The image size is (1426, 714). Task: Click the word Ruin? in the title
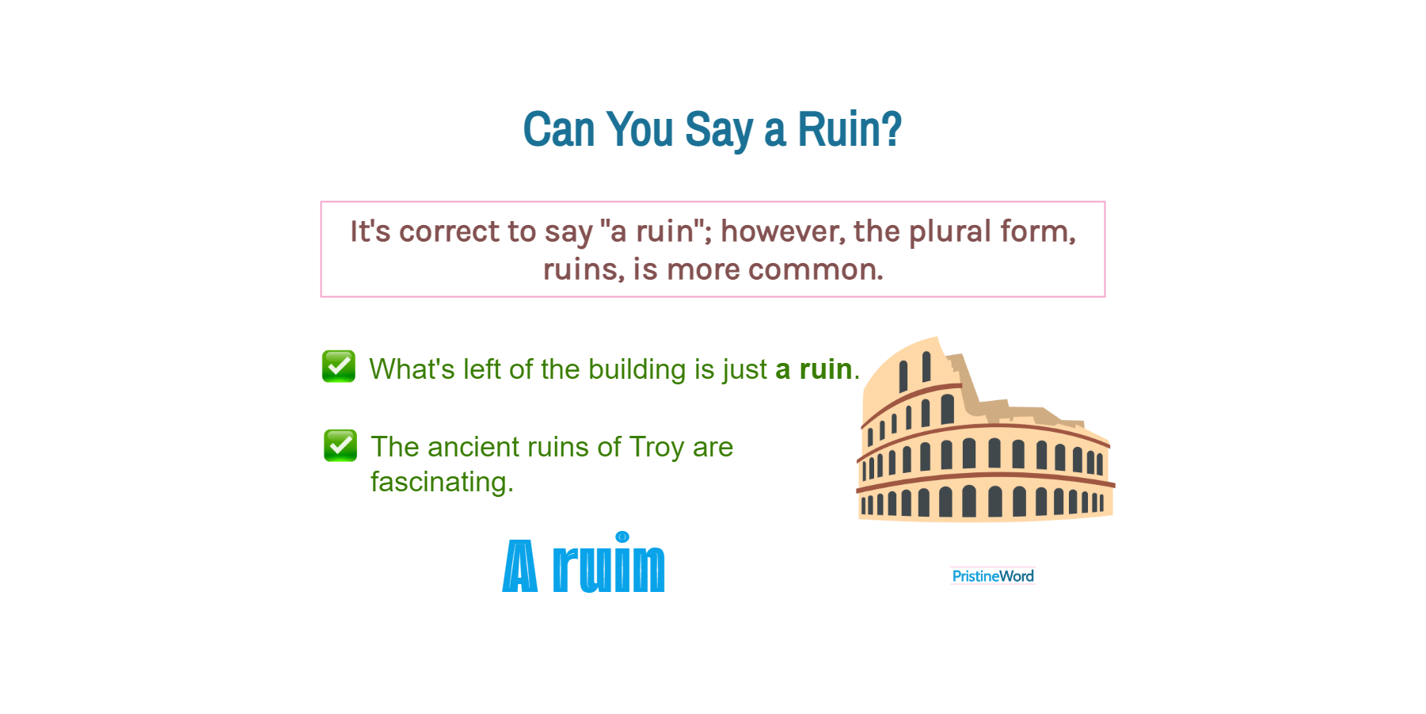coord(849,129)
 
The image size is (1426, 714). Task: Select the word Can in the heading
coord(558,129)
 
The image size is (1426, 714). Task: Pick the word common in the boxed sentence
coord(815,269)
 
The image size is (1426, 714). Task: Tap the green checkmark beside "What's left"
coord(339,366)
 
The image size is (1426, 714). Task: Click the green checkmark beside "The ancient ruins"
coord(340,445)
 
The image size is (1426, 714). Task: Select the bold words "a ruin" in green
coord(813,369)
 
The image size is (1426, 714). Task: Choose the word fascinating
coord(442,482)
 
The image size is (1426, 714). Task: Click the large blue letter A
coord(520,567)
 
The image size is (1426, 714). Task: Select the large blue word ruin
coord(609,567)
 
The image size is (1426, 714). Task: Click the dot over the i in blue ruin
coord(622,536)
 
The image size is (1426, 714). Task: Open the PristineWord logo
coord(992,576)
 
